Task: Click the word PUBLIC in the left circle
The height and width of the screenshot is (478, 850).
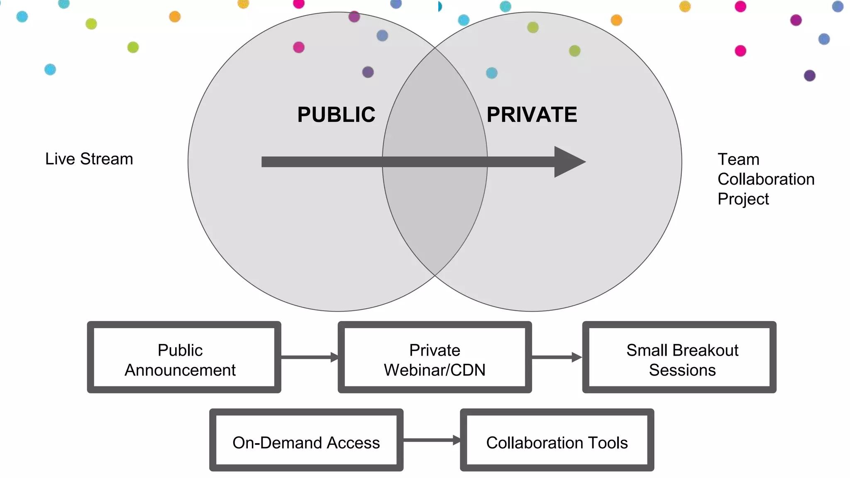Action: pos(336,115)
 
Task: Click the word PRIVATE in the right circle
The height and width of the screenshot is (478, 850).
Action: pos(532,115)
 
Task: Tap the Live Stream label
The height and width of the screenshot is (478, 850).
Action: pos(89,159)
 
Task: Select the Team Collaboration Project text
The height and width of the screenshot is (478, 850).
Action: pos(765,179)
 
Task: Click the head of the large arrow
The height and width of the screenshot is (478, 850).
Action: pos(569,162)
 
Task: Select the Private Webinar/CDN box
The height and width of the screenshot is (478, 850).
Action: pos(435,357)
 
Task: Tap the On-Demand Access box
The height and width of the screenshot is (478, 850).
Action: pos(306,440)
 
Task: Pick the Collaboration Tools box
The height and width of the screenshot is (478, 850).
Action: pos(557,440)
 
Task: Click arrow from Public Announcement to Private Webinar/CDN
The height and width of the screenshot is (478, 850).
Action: pos(309,357)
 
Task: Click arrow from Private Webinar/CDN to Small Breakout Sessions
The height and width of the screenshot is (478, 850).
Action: pos(557,357)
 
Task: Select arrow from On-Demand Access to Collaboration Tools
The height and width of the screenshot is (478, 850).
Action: pos(432,440)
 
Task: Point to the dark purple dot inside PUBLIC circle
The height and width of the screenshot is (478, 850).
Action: pos(368,72)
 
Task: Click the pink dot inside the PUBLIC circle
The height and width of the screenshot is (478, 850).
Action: pos(299,47)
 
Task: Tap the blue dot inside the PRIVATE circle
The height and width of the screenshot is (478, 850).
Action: pos(491,73)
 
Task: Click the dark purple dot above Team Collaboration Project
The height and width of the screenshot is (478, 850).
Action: pos(810,76)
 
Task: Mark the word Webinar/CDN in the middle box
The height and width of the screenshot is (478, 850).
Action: pos(435,370)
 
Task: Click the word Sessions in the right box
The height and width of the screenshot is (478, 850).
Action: pos(682,370)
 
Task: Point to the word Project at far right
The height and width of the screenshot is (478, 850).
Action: pos(743,199)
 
